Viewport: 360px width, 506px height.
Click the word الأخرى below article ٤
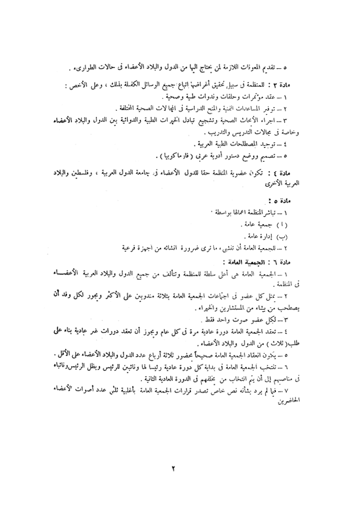pyautogui.click(x=288, y=182)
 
